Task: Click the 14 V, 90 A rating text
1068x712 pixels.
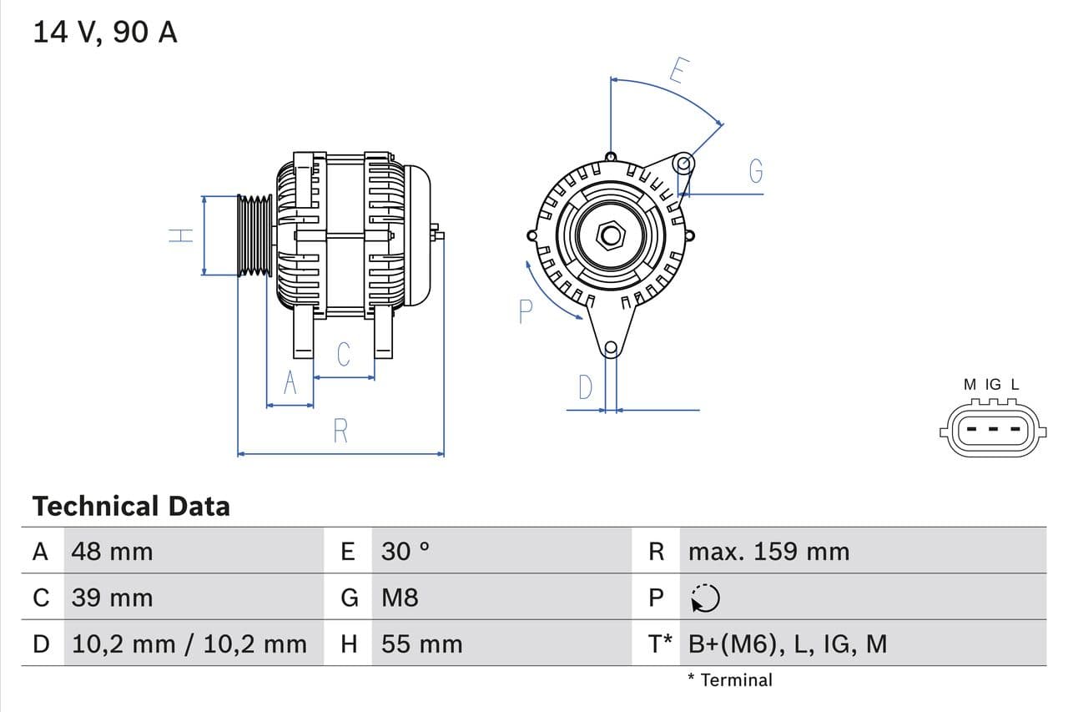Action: pos(105,33)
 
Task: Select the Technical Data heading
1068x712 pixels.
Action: pos(131,506)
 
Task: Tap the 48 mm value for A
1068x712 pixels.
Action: pos(113,551)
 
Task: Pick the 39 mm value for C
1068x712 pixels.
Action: pos(113,598)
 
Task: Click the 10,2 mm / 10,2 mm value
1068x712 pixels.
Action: pos(189,644)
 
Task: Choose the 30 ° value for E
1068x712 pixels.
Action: pos(406,551)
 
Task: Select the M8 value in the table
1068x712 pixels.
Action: pos(400,598)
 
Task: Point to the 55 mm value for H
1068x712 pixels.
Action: pos(421,644)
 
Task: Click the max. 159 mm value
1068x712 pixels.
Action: pos(768,551)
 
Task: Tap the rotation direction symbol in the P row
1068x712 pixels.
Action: pos(706,598)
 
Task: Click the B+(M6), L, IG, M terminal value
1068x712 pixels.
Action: pos(788,644)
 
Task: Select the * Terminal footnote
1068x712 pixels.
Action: pos(730,679)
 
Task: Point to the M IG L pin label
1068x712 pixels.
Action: pos(991,385)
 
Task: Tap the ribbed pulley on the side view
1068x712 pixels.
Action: pos(254,235)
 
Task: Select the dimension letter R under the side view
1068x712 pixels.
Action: pos(340,432)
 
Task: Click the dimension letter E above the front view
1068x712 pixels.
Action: pos(678,72)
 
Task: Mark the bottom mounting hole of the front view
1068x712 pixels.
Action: pos(611,347)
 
